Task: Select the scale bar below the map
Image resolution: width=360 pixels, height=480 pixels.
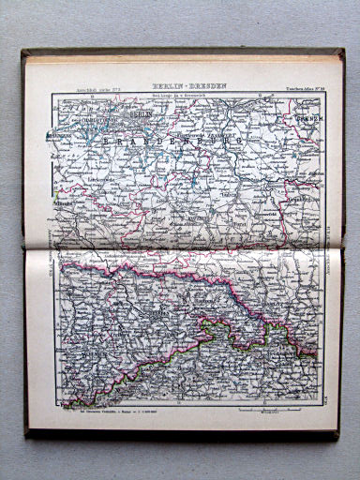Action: click(x=267, y=411)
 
